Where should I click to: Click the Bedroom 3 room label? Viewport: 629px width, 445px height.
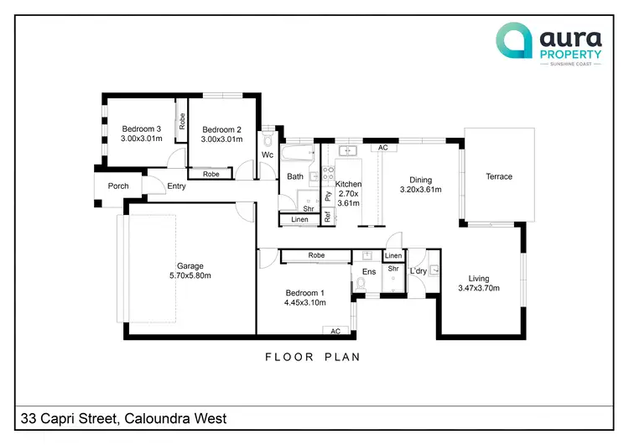point(141,128)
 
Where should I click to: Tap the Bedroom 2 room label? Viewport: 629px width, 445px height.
point(221,129)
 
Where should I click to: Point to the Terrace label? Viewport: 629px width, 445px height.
point(499,176)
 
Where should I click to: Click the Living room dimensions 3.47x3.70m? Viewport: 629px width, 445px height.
point(479,289)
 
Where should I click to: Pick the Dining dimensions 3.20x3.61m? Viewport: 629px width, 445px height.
point(420,190)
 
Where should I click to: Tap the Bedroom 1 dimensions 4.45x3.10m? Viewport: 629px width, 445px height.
point(304,302)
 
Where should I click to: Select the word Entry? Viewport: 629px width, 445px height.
point(176,186)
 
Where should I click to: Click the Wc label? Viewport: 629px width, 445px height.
point(268,155)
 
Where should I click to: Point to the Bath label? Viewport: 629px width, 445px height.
point(295,176)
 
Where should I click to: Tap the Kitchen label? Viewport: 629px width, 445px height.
point(349,184)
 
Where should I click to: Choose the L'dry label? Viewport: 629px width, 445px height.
point(418,271)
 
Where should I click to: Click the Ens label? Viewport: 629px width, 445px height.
point(369,272)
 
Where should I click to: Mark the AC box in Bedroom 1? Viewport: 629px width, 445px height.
point(335,331)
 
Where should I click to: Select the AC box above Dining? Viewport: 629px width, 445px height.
point(383,148)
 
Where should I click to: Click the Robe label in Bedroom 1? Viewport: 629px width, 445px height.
point(316,255)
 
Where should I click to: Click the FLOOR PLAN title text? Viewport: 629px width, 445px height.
point(313,357)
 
